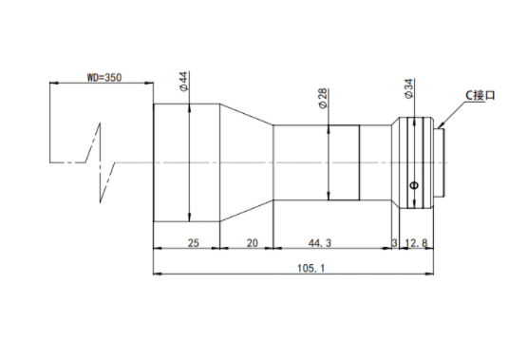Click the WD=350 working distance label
[104, 78]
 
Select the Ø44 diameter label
[184, 81]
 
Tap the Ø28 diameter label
[323, 99]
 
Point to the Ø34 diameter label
[408, 88]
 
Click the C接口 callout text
[481, 95]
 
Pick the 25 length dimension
[194, 243]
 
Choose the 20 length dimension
[253, 243]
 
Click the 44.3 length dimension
[320, 243]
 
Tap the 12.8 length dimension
[416, 243]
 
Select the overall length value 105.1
[311, 269]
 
